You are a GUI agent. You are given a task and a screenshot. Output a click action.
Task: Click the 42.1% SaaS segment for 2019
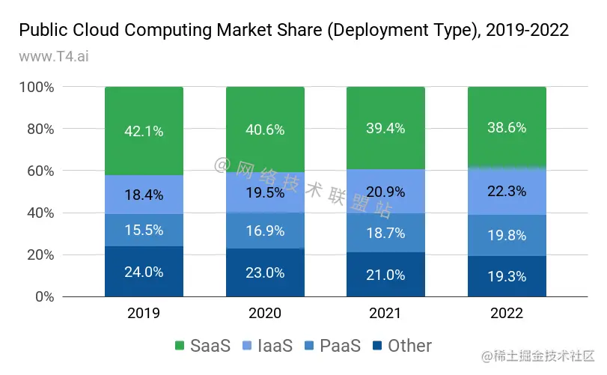pyautogui.click(x=144, y=132)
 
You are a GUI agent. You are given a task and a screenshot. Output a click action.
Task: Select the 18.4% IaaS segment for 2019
pyautogui.click(x=144, y=195)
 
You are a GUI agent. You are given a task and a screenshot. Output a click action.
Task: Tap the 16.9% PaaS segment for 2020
pyautogui.click(x=265, y=231)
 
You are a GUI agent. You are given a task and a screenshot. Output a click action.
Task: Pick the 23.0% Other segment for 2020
pyautogui.click(x=265, y=272)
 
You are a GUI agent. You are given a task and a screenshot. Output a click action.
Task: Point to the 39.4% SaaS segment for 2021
pyautogui.click(x=385, y=129)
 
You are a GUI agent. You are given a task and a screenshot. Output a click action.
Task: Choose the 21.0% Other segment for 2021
pyautogui.click(x=385, y=274)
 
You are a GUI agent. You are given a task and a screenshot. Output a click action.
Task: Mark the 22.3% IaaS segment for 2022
pyautogui.click(x=507, y=192)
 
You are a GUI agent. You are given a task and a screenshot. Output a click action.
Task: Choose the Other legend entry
pyautogui.click(x=402, y=346)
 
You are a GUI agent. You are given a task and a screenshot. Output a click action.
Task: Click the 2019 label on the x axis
pyautogui.click(x=144, y=313)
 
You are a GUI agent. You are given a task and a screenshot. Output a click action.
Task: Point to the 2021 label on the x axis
pyautogui.click(x=385, y=313)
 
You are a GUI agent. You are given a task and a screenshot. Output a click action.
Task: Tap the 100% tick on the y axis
pyautogui.click(x=37, y=88)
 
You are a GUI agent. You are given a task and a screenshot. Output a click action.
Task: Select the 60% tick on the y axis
pyautogui.click(x=40, y=171)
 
